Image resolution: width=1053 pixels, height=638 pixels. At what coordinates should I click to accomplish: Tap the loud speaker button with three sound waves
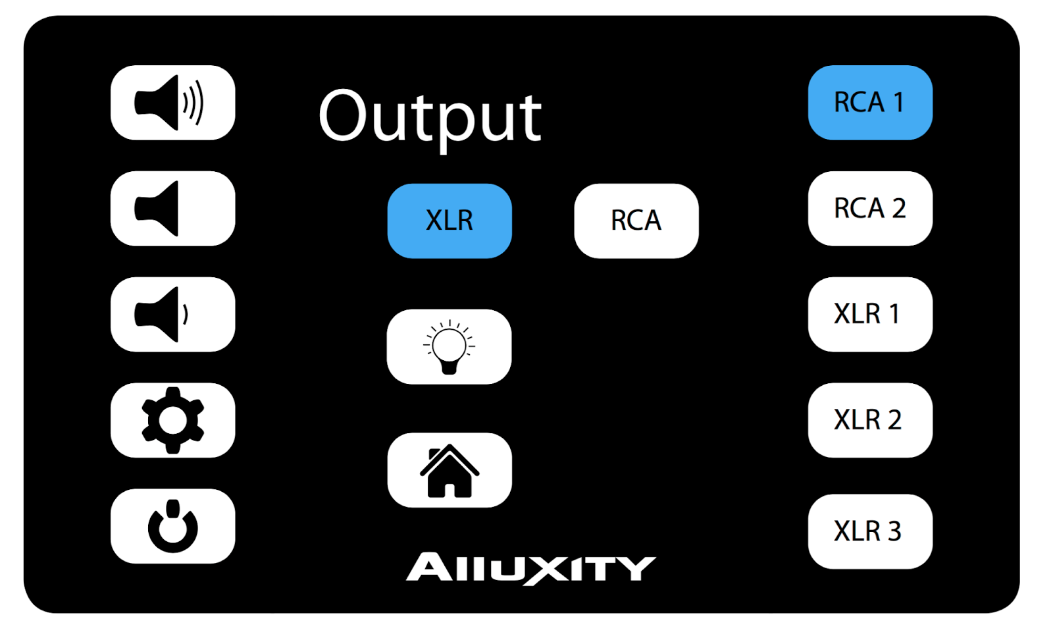pos(172,103)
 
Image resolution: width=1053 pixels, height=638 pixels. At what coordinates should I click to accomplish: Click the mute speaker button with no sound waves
pos(172,209)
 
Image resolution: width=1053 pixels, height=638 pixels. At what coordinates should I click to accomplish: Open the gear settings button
pos(172,420)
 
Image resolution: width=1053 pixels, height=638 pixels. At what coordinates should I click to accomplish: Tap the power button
pos(172,526)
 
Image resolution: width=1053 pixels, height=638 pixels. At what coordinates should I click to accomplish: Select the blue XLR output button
pos(449,221)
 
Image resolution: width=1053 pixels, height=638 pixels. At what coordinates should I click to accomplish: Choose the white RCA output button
pos(636,221)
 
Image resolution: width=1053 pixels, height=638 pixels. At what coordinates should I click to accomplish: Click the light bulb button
pos(449,347)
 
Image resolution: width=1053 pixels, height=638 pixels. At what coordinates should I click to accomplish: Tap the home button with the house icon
pos(449,470)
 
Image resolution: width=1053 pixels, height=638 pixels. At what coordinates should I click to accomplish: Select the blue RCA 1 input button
pos(870,103)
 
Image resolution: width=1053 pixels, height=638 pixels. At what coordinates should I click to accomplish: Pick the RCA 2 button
pos(870,209)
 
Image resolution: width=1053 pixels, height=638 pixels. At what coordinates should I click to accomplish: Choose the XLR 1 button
pos(870,315)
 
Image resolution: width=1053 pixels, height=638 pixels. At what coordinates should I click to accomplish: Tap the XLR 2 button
pos(870,420)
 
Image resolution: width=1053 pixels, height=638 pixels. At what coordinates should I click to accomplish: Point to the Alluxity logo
pos(530,568)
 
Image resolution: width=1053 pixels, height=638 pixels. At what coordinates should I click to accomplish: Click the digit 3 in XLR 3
pos(894,531)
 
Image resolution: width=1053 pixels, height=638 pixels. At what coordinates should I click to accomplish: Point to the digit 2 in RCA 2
pos(898,209)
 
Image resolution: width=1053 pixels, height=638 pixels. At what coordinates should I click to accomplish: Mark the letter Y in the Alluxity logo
pos(637,568)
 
